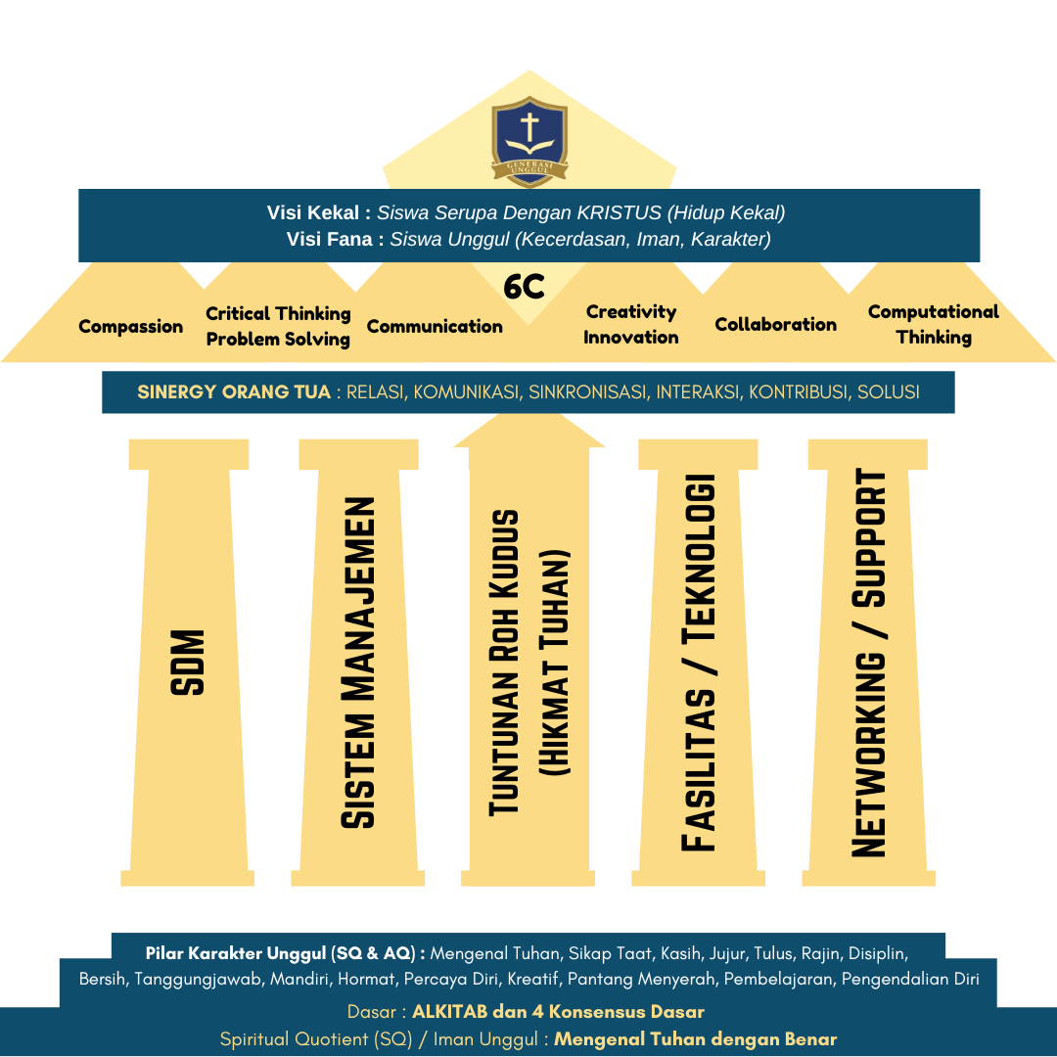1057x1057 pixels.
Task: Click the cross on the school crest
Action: pyautogui.click(x=528, y=127)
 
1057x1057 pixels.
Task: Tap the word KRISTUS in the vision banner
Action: pyautogui.click(x=622, y=212)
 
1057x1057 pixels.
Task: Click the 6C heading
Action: pyautogui.click(x=524, y=287)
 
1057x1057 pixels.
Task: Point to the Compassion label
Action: pyautogui.click(x=130, y=327)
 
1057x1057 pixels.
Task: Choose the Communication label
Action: pyautogui.click(x=435, y=327)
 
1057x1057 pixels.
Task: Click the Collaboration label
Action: pyautogui.click(x=775, y=325)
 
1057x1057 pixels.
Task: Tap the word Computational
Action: pyautogui.click(x=933, y=312)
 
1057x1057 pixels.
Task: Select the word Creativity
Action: pyautogui.click(x=631, y=312)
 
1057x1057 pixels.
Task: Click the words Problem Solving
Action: pyautogui.click(x=278, y=340)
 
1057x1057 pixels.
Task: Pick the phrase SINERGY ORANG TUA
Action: pyautogui.click(x=234, y=392)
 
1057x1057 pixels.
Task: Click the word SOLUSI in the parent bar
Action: pyautogui.click(x=888, y=392)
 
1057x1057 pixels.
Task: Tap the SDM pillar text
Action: pyautogui.click(x=188, y=663)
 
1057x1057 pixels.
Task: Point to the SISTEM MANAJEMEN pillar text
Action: pyautogui.click(x=358, y=663)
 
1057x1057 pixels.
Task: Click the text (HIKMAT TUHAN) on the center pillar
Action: pyautogui.click(x=555, y=663)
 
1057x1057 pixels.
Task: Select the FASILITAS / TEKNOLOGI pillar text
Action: pyautogui.click(x=698, y=663)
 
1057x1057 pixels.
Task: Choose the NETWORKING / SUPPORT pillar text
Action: pyautogui.click(x=868, y=663)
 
